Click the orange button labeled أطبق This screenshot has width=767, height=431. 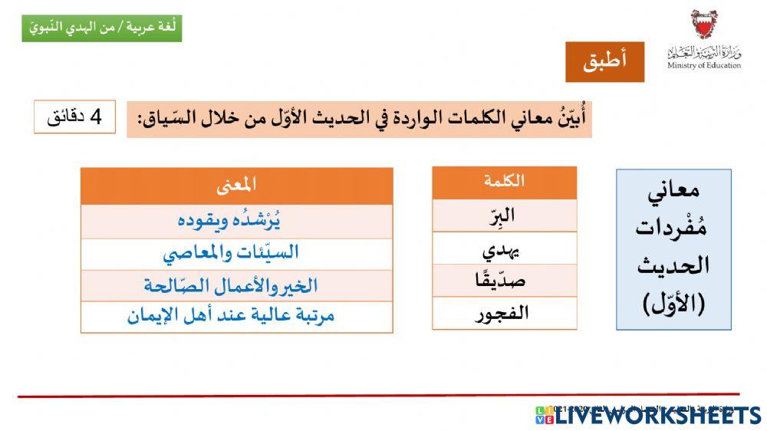pos(604,62)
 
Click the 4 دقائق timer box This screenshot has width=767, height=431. pos(74,117)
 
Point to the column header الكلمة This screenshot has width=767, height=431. pos(504,182)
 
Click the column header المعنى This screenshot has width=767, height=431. pos(236,185)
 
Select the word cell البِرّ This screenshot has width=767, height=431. pos(504,215)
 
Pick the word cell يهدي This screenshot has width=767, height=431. pos(504,248)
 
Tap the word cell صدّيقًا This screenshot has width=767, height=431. pos(504,281)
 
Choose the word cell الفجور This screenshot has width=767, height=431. pos(504,313)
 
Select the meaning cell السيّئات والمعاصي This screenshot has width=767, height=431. pos(236,252)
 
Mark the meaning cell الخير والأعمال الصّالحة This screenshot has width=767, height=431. pos(236,285)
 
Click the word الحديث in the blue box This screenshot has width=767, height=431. pos(673,266)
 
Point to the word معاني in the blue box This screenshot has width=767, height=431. pos(673,192)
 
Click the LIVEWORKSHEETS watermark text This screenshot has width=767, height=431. pos(657,416)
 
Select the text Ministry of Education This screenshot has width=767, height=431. pos(704,65)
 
